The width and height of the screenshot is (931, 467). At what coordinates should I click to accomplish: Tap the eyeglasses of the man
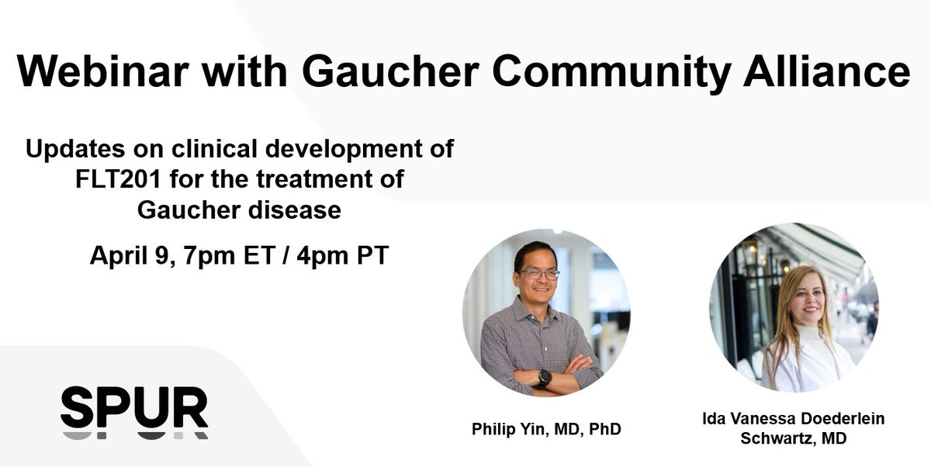point(540,274)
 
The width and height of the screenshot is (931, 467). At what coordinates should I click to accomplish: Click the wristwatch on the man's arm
point(545,378)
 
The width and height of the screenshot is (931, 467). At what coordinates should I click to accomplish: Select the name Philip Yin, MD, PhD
point(545,428)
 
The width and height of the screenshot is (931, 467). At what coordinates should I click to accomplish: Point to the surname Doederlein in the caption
point(839,419)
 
